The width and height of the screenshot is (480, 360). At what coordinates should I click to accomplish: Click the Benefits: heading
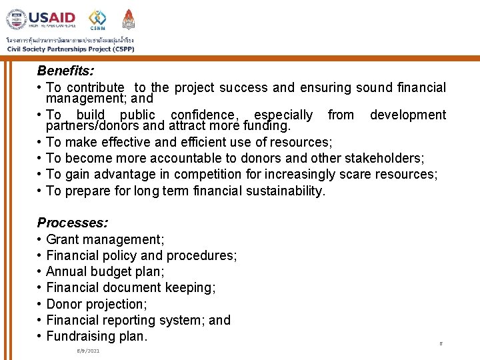(65, 71)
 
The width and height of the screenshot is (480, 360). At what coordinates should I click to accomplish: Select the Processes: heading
(73, 223)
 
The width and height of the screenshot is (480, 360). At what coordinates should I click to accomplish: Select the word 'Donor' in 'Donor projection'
(65, 304)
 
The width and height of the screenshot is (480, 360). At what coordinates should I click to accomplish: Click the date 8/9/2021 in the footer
(88, 351)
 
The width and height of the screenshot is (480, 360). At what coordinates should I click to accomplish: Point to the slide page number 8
(441, 344)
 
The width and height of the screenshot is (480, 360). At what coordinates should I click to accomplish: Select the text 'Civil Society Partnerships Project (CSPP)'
(70, 49)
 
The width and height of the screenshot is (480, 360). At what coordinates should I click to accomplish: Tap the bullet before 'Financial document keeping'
(41, 288)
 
